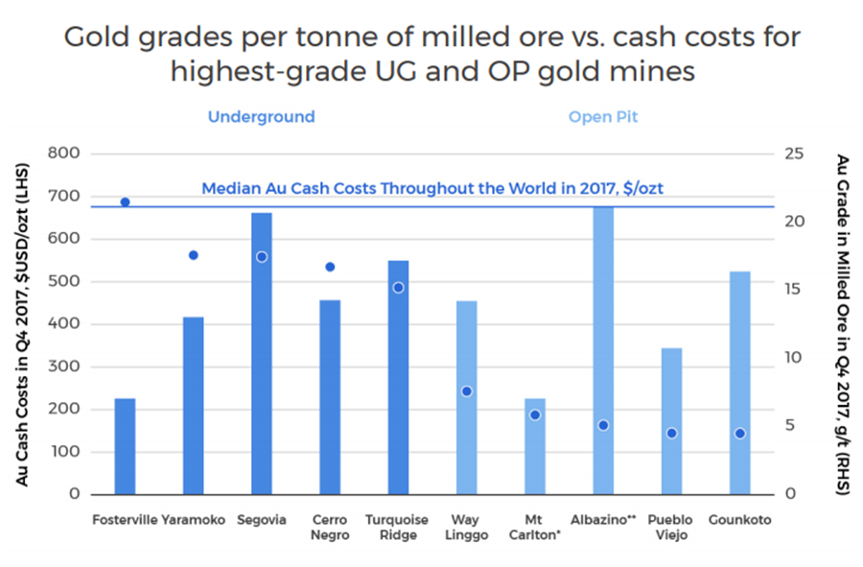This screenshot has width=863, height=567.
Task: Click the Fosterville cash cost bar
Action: click(x=125, y=446)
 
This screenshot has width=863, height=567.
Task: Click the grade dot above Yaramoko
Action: click(x=193, y=255)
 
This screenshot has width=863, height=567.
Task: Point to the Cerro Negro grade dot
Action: click(x=330, y=267)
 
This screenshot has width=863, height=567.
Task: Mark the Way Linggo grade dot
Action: click(x=467, y=391)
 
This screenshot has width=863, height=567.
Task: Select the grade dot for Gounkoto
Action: click(x=739, y=434)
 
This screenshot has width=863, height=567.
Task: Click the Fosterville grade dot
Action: click(x=125, y=202)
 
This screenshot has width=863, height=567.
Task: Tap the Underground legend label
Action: click(x=261, y=117)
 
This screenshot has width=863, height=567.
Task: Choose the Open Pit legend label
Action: click(x=603, y=117)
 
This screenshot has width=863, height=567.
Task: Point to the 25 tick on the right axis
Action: click(x=793, y=154)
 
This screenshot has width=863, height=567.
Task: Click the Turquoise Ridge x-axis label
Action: click(x=398, y=528)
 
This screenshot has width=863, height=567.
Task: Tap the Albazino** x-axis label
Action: click(x=603, y=520)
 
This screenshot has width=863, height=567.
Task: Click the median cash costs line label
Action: click(x=431, y=189)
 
